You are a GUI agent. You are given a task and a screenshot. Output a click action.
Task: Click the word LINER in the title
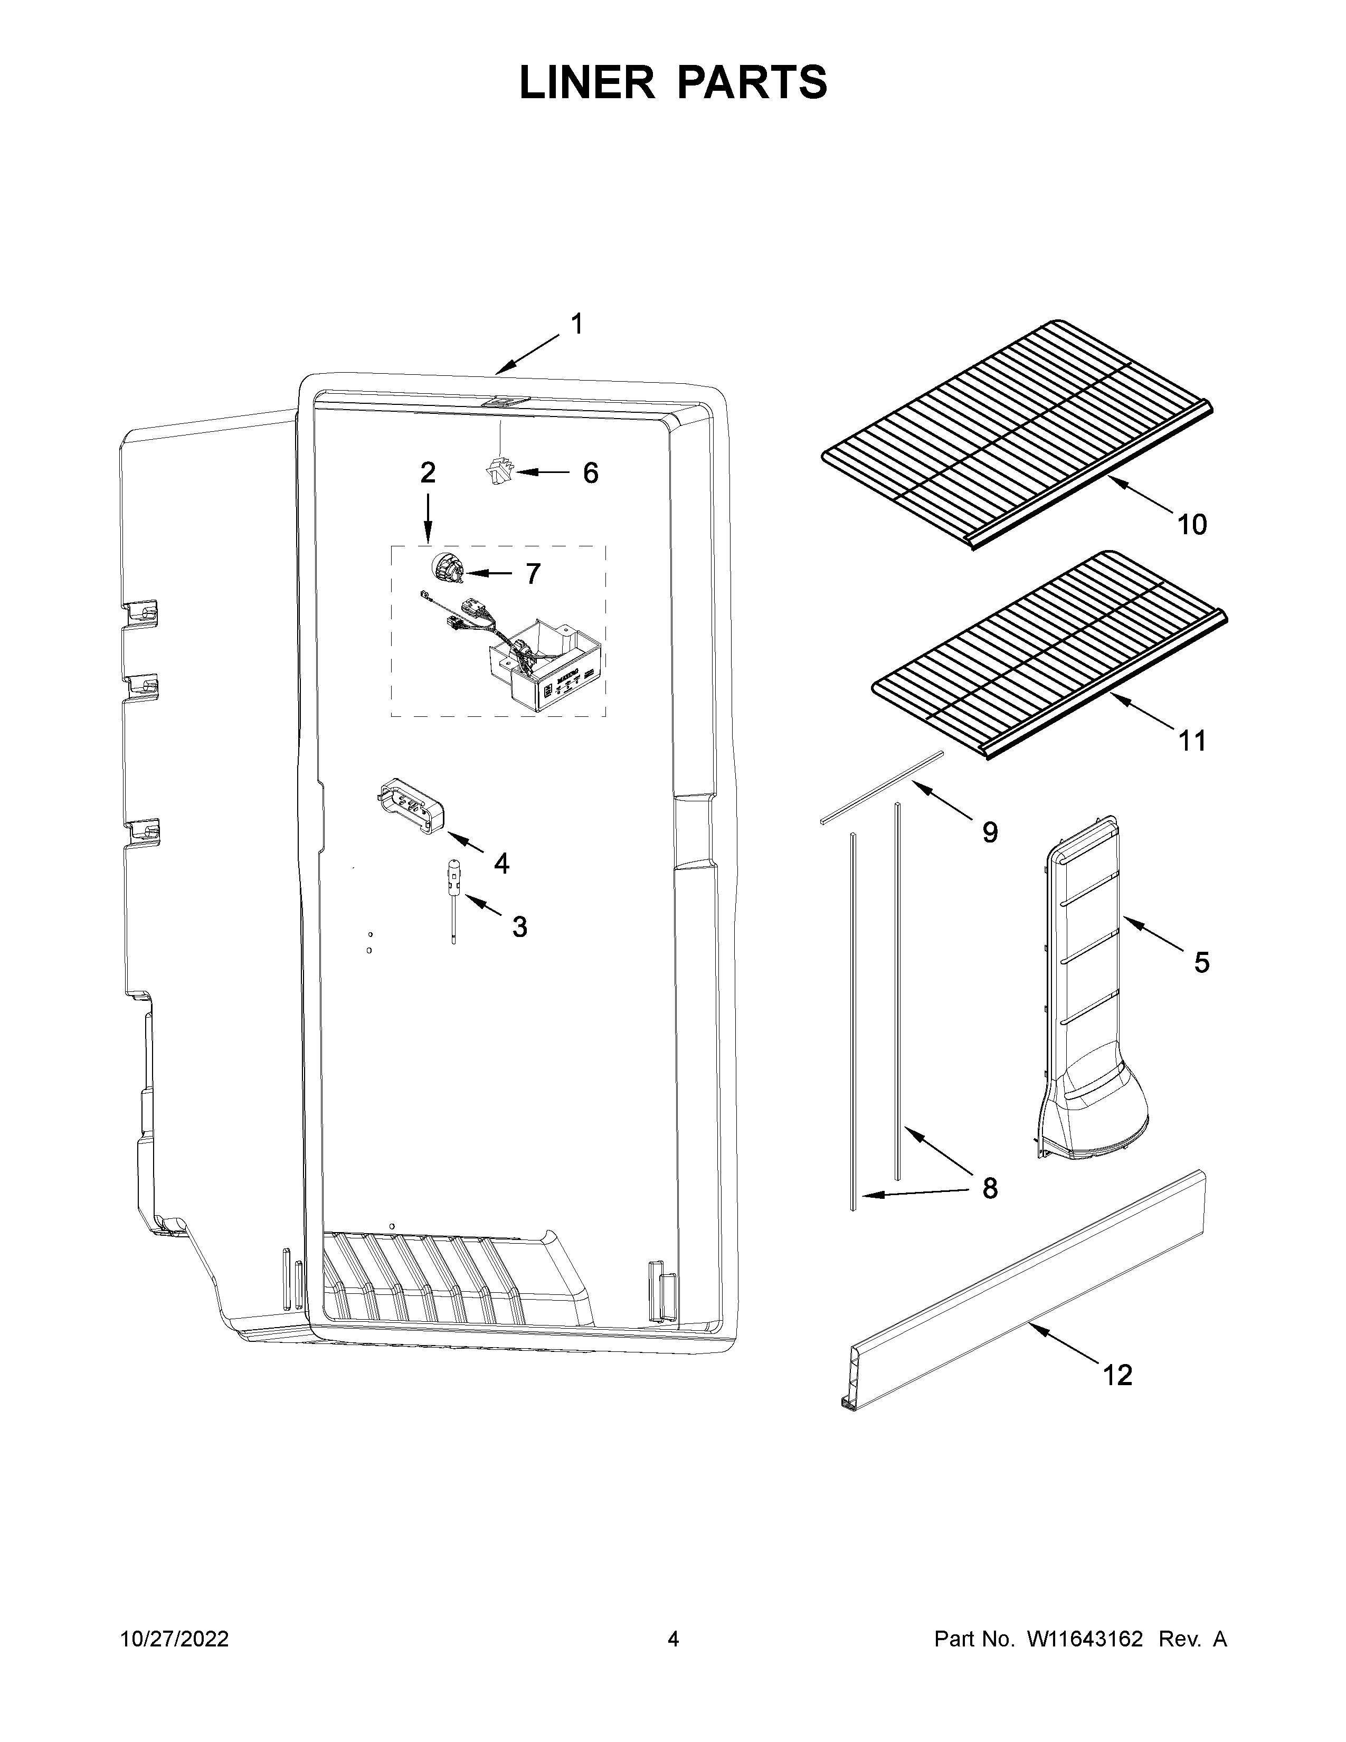click(x=586, y=83)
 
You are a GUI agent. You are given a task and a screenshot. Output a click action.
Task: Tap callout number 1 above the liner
click(x=576, y=325)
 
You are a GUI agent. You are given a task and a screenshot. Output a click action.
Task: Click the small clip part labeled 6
click(x=498, y=471)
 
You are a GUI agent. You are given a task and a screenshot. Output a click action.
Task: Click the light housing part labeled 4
click(x=410, y=807)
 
